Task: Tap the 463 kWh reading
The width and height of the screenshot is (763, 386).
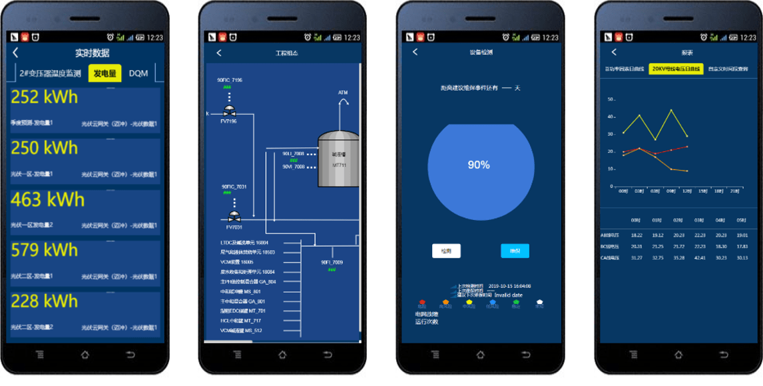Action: [x=48, y=199]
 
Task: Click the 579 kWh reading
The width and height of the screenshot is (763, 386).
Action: [x=45, y=250]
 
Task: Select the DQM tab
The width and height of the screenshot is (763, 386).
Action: [x=138, y=73]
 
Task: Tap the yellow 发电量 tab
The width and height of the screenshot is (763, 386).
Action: [x=105, y=73]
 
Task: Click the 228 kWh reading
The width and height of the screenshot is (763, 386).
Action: [x=45, y=301]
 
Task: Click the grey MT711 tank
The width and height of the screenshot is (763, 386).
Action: [x=339, y=159]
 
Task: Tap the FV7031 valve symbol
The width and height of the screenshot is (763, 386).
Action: [x=234, y=217]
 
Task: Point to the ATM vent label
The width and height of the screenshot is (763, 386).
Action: [x=343, y=93]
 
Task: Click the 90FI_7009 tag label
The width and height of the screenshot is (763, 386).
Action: [x=332, y=262]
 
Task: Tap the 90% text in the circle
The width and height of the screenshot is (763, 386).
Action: [x=479, y=165]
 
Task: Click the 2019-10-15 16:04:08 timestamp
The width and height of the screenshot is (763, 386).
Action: [x=509, y=285]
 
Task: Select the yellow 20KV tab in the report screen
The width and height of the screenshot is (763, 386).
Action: [x=676, y=69]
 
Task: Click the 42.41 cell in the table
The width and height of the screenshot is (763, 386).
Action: [x=700, y=257]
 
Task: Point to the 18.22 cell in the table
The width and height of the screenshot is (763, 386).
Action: [x=636, y=235]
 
